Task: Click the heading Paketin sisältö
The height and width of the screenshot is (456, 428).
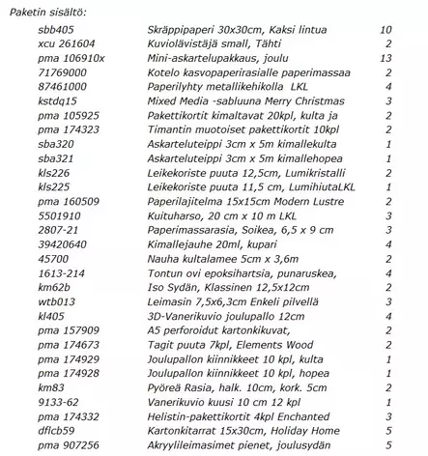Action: pyautogui.click(x=44, y=10)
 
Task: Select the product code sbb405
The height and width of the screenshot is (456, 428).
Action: pyautogui.click(x=54, y=30)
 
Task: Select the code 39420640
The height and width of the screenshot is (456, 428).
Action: pyautogui.click(x=62, y=245)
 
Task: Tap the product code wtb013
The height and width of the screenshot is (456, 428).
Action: pyautogui.click(x=55, y=301)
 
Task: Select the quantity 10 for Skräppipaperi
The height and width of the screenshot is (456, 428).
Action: pyautogui.click(x=385, y=30)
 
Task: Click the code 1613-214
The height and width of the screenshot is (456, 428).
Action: pyautogui.click(x=60, y=273)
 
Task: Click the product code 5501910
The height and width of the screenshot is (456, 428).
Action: pyautogui.click(x=59, y=217)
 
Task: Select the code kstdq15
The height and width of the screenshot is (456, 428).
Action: pyautogui.click(x=57, y=100)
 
